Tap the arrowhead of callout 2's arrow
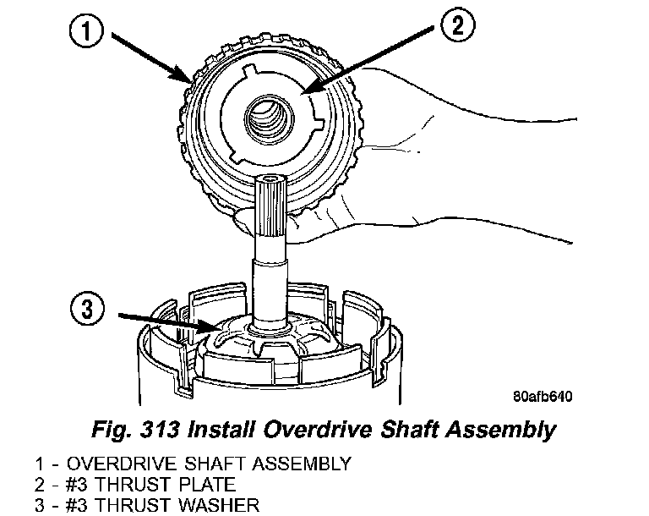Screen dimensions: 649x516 (302, 91)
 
